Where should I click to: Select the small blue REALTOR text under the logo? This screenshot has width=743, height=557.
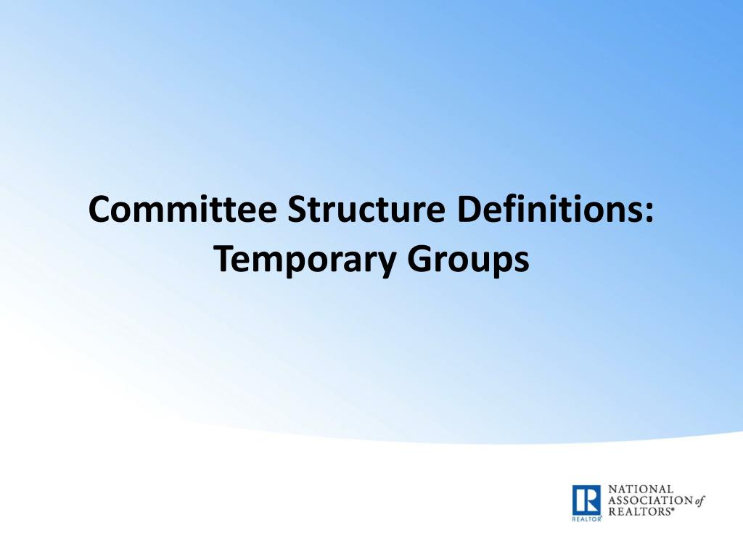(586, 520)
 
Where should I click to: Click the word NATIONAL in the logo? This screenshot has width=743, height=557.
(641, 490)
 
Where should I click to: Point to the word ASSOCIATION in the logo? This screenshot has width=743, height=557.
(650, 500)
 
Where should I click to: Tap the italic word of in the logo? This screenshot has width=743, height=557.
(699, 500)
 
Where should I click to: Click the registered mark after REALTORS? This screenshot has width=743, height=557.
(672, 510)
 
